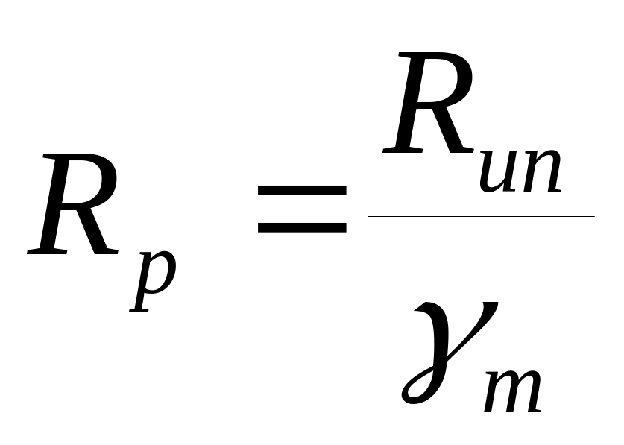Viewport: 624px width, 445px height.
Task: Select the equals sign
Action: pos(301,208)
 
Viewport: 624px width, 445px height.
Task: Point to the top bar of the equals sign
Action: pos(301,191)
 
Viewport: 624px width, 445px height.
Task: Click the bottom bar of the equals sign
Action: pos(301,225)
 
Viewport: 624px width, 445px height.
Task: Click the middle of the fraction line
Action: pos(481,216)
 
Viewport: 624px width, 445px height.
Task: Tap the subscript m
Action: pos(513,388)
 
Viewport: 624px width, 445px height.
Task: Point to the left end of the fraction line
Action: pos(371,216)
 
